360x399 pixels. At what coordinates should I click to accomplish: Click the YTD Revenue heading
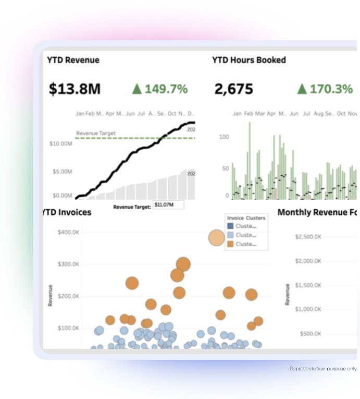point(73,60)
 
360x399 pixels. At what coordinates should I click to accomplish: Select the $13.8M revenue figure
point(75,89)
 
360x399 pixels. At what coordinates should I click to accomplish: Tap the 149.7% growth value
point(166,89)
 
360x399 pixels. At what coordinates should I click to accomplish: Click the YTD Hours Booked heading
point(249,60)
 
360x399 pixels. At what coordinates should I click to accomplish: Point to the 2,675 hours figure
point(233,89)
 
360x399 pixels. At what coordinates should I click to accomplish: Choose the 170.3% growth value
point(331,89)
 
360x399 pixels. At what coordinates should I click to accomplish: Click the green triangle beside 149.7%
point(137,89)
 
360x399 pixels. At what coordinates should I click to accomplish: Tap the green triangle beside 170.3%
point(302,89)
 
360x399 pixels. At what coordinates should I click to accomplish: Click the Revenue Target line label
point(96,134)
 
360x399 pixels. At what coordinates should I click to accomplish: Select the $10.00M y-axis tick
point(61,143)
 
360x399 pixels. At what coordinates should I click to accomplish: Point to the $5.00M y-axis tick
point(62,172)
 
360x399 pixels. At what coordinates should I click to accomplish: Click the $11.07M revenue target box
point(168,205)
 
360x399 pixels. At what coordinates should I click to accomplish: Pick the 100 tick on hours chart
point(224,137)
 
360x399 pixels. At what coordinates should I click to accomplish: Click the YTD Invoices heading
point(67,212)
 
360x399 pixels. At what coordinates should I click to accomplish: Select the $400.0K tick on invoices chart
point(68,232)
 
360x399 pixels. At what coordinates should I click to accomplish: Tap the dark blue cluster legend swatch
point(230,226)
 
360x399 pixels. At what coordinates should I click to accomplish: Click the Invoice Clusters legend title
point(246,218)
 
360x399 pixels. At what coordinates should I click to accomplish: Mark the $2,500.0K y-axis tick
point(308,237)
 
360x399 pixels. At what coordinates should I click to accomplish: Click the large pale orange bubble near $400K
point(217,238)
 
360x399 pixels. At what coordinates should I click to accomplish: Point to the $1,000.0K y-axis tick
point(308,309)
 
